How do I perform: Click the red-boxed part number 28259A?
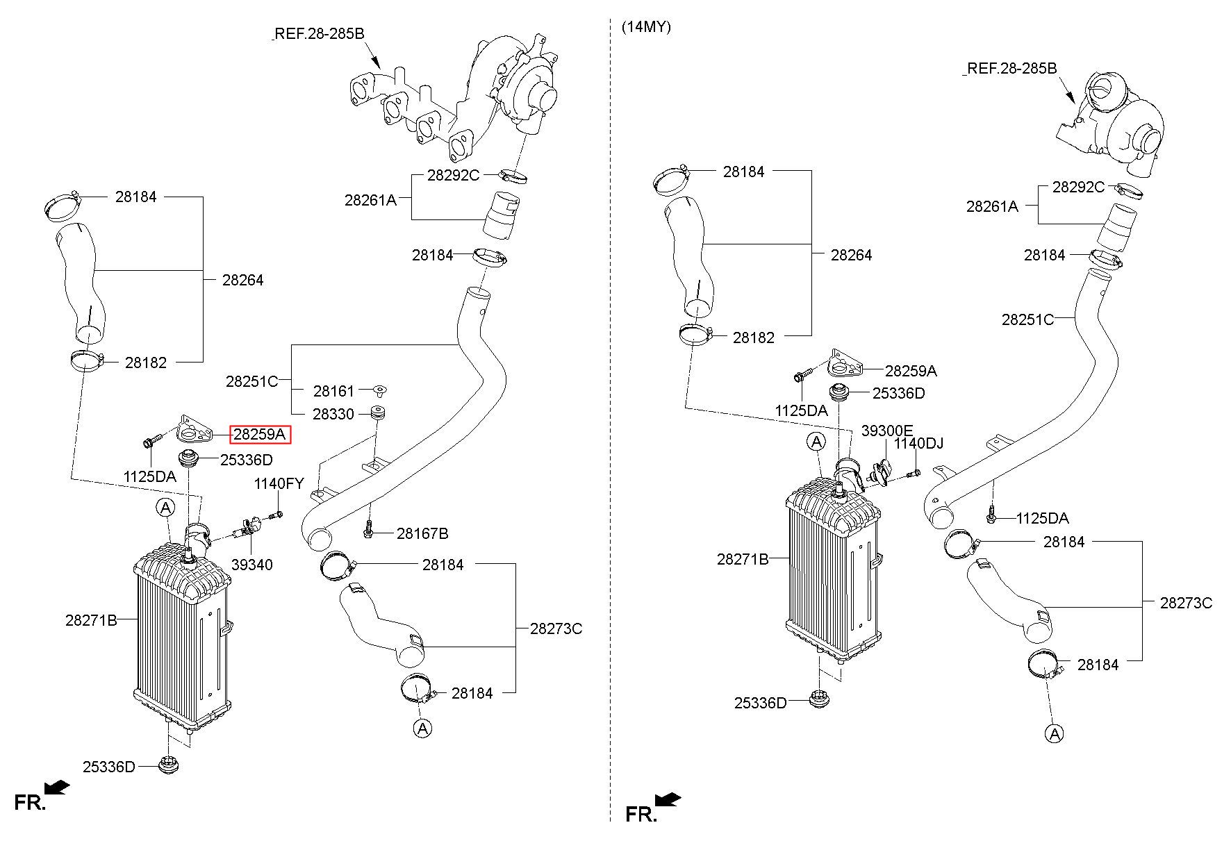tap(260, 435)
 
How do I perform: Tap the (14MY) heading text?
tap(646, 28)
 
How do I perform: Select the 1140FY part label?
tap(279, 483)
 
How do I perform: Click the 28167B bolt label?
tap(422, 533)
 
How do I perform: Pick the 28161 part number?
tap(333, 392)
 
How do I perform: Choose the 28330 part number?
tap(333, 414)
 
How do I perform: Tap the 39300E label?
tap(887, 431)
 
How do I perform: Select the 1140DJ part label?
tap(918, 443)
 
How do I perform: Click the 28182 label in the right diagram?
tap(754, 338)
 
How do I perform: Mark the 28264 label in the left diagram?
tap(243, 280)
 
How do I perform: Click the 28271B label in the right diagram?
tap(743, 558)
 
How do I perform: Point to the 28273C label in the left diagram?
tap(556, 628)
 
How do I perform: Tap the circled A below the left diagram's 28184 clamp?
tap(422, 728)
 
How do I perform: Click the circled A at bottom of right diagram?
tap(1055, 733)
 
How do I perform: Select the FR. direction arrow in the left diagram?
tap(56, 787)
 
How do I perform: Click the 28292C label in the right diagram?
tap(1078, 187)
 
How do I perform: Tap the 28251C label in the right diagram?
tap(1027, 319)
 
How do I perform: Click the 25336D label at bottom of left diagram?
tap(109, 767)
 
